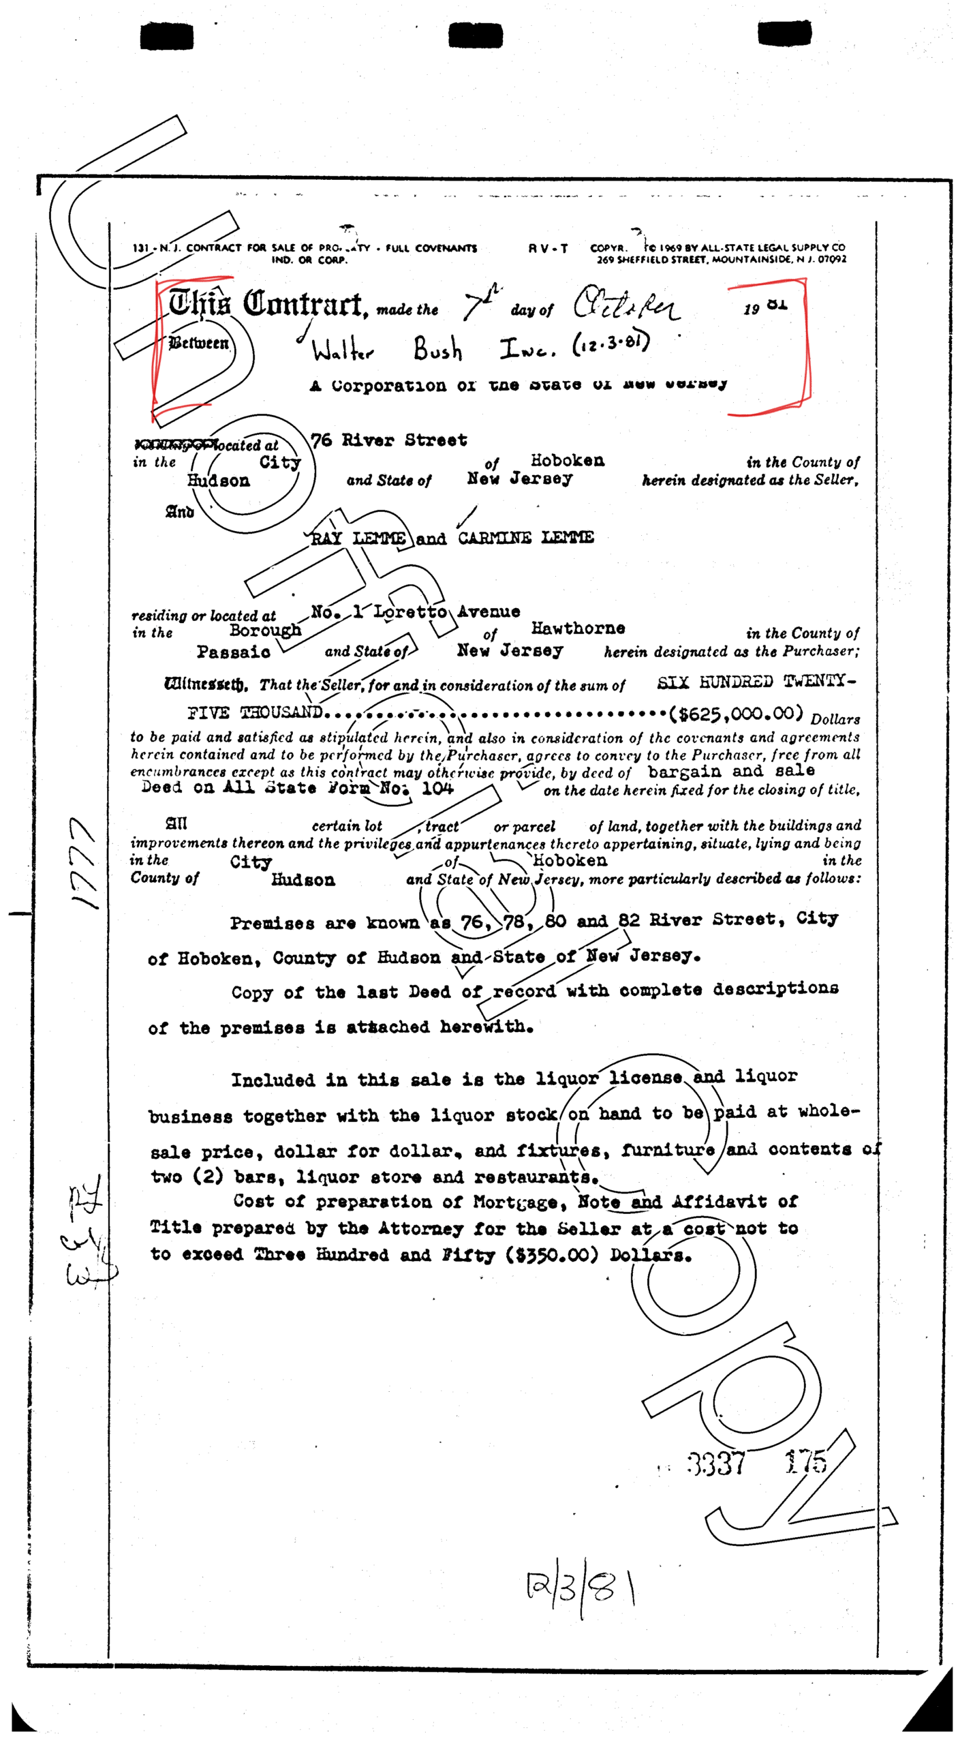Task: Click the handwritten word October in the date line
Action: coord(625,304)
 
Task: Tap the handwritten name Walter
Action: coord(343,351)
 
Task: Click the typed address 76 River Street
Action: coord(389,440)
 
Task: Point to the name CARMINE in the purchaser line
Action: coord(494,538)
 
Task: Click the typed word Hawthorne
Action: coord(578,628)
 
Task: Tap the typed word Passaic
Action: coord(233,652)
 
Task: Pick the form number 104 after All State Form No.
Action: coord(437,789)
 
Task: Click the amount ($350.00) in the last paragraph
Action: coord(551,1255)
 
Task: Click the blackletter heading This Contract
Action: coord(266,304)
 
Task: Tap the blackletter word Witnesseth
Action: coord(206,684)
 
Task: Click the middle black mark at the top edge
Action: coord(475,35)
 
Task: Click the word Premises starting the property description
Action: coord(272,924)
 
